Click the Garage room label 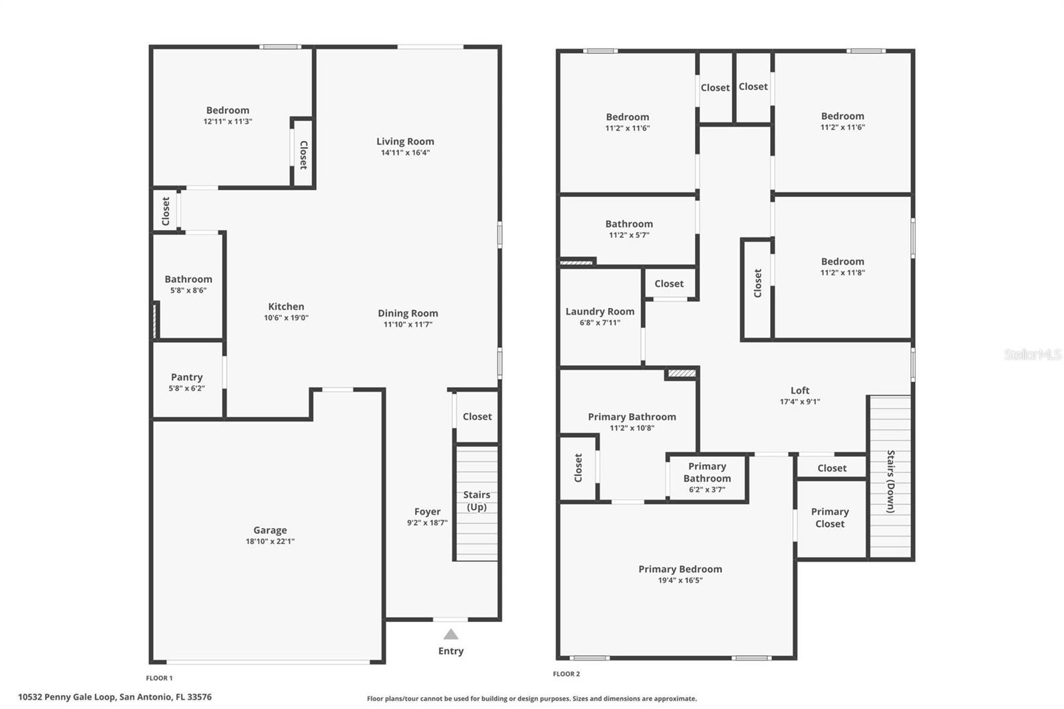[270, 530]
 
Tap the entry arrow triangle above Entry [451, 634]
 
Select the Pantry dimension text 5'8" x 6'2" [186, 388]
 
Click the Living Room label [405, 141]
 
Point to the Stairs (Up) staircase [476, 503]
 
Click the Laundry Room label [600, 311]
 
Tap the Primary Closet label [830, 517]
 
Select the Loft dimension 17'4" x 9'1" [800, 402]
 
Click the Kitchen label [286, 307]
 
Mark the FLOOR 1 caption [160, 678]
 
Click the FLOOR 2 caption [567, 674]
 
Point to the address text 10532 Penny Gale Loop [114, 697]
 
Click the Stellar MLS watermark [1032, 354]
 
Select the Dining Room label [408, 313]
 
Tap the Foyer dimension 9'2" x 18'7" [427, 523]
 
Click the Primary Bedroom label [680, 569]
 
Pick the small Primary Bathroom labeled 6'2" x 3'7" [707, 478]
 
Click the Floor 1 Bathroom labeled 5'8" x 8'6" [188, 284]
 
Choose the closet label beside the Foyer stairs [477, 417]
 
